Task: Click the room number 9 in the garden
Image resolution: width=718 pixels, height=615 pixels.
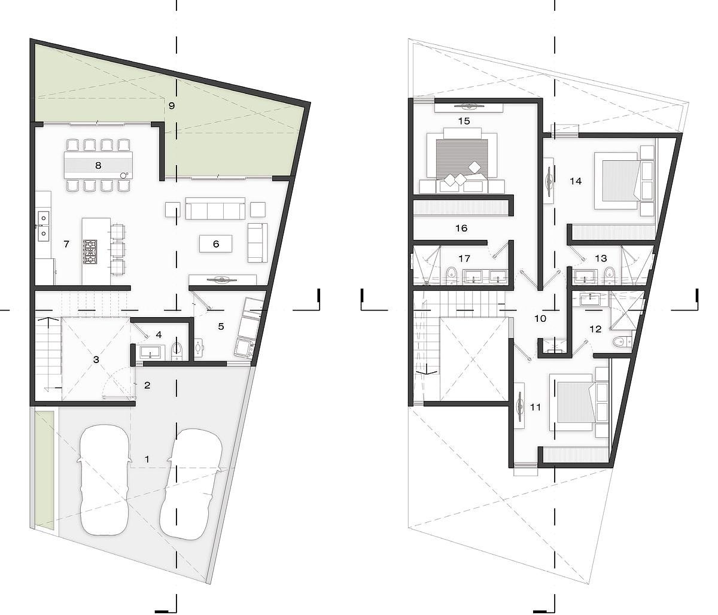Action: pyautogui.click(x=171, y=105)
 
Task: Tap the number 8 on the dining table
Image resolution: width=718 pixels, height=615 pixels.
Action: pyautogui.click(x=98, y=165)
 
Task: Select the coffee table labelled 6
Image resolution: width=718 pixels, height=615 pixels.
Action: pyautogui.click(x=216, y=243)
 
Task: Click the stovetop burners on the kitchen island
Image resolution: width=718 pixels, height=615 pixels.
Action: pyautogui.click(x=90, y=251)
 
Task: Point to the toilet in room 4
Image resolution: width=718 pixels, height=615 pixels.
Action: pyautogui.click(x=177, y=351)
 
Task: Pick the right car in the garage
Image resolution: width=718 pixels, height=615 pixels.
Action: pyautogui.click(x=191, y=484)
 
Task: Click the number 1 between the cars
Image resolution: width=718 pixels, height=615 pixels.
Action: pyautogui.click(x=147, y=459)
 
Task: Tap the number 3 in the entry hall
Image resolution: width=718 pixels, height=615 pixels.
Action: pyautogui.click(x=96, y=360)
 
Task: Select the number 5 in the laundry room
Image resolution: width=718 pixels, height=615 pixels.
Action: pyautogui.click(x=221, y=326)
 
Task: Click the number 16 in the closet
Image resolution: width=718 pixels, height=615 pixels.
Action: pyautogui.click(x=461, y=228)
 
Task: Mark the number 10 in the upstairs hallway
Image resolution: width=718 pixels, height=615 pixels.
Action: pyautogui.click(x=540, y=318)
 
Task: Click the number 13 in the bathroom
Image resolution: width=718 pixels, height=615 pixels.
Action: pyautogui.click(x=601, y=258)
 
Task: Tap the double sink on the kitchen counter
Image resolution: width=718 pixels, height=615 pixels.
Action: pyautogui.click(x=44, y=225)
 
